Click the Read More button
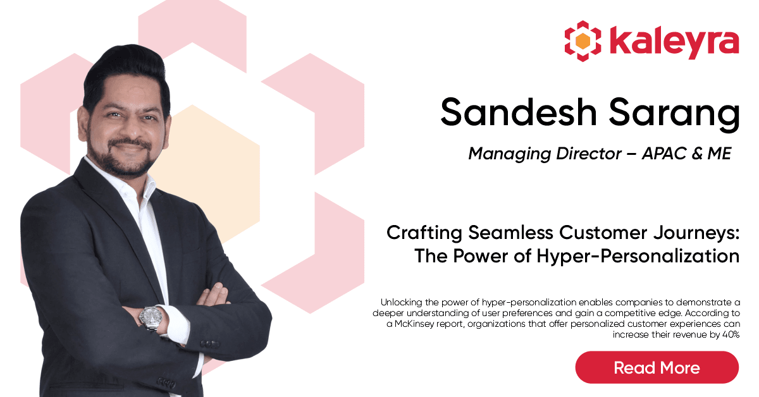click(x=657, y=367)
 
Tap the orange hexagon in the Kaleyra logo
click(x=583, y=41)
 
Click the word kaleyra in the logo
click(x=674, y=42)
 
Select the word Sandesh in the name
click(x=519, y=112)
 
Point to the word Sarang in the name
click(x=674, y=114)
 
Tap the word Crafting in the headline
click(x=424, y=233)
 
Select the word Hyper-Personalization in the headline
click(x=638, y=256)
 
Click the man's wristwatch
click(x=151, y=318)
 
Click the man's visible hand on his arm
click(x=214, y=295)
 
